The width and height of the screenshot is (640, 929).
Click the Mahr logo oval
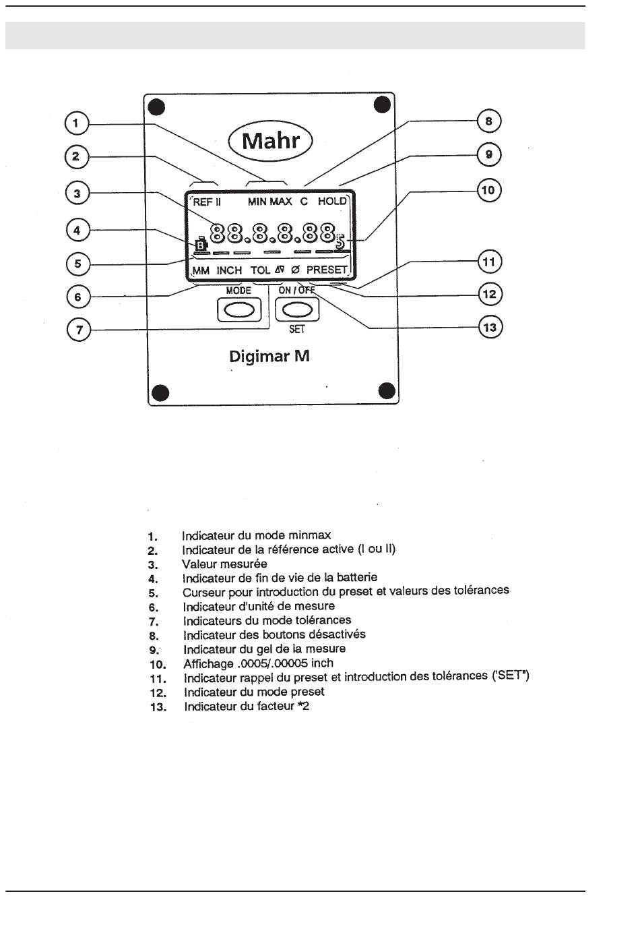(x=271, y=142)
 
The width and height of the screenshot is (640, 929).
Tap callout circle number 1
(x=76, y=123)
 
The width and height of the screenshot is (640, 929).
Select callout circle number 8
(x=489, y=121)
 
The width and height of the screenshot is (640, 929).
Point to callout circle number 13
(x=490, y=328)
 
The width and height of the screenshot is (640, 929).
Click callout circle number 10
(x=488, y=190)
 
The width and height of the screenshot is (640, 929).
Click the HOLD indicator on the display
(x=332, y=202)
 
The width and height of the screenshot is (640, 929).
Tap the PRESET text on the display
(x=327, y=270)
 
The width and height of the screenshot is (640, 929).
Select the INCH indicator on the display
(x=229, y=270)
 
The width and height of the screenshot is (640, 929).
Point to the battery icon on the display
(x=200, y=245)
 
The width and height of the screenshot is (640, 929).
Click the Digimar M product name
(x=269, y=356)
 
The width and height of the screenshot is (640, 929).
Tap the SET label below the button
(x=296, y=330)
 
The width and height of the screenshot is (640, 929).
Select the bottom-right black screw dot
(x=387, y=390)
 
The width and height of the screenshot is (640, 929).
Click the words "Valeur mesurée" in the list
(x=224, y=564)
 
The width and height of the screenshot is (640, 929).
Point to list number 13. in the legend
(x=158, y=708)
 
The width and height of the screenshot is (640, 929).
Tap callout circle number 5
(x=78, y=264)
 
